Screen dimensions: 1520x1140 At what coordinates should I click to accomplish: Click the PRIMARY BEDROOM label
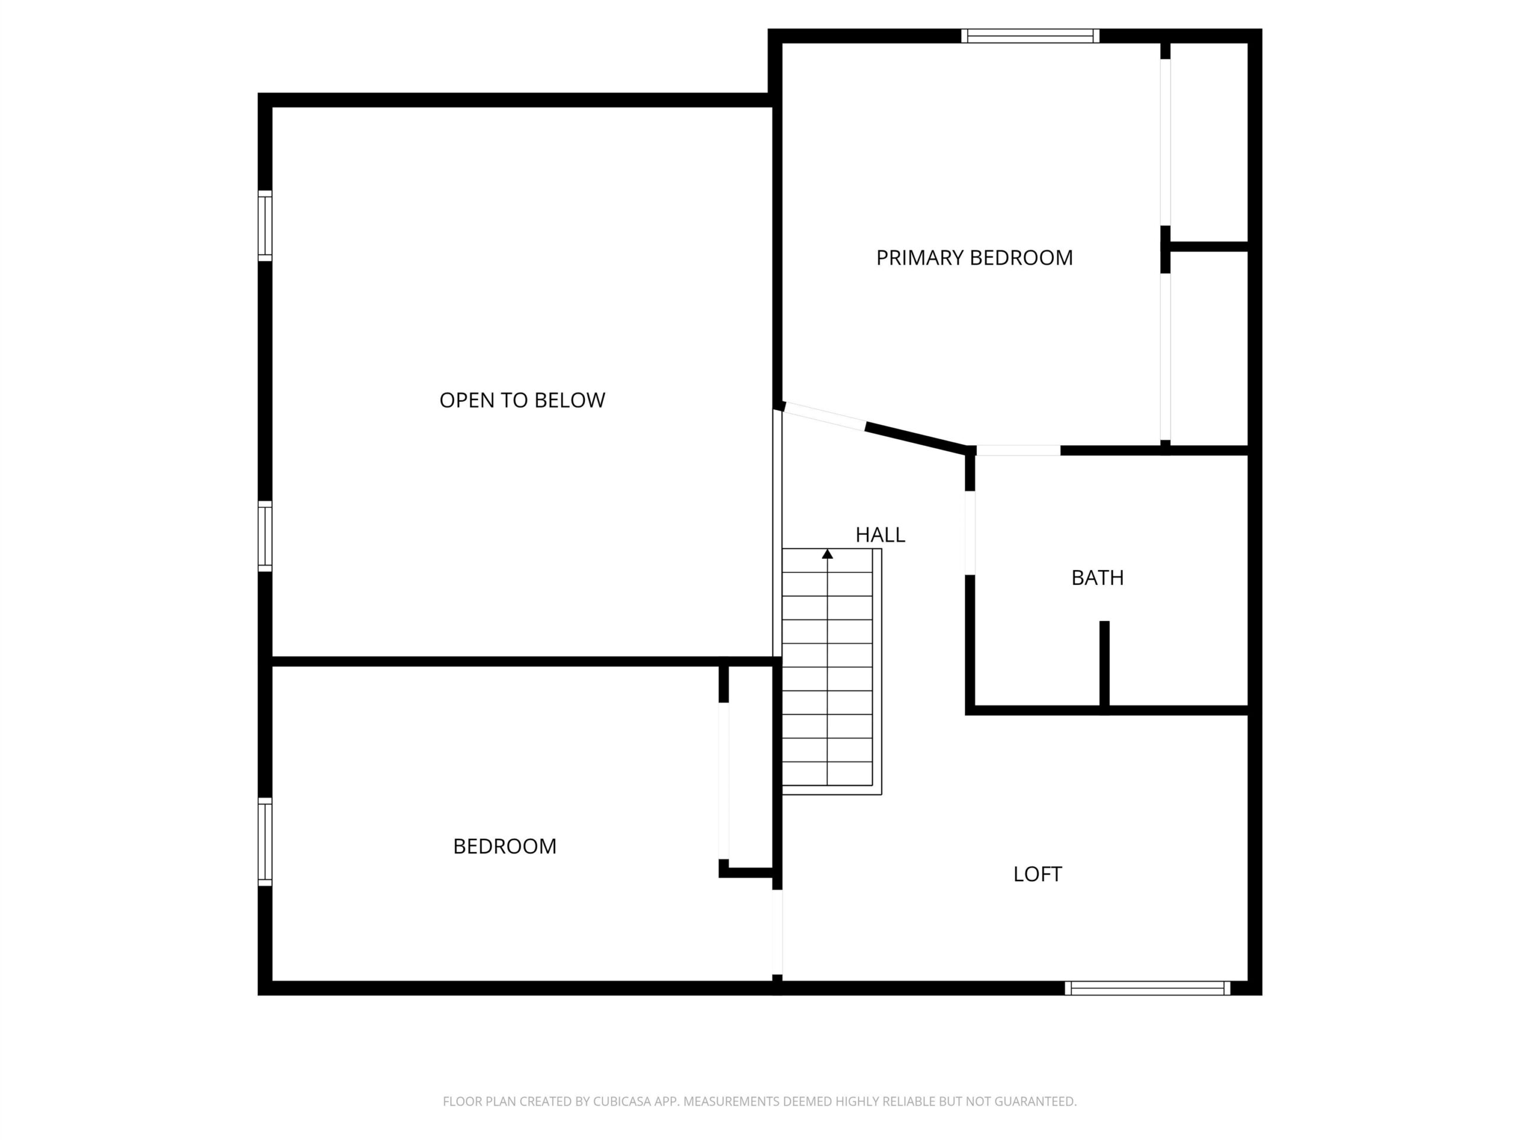pyautogui.click(x=974, y=258)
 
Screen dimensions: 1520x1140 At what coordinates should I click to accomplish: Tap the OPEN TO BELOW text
pyautogui.click(x=522, y=400)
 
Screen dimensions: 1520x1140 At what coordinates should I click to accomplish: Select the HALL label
pyautogui.click(x=881, y=534)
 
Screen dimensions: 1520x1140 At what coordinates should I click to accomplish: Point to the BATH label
pyautogui.click(x=1097, y=578)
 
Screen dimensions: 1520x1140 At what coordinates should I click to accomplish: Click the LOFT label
pyautogui.click(x=1038, y=874)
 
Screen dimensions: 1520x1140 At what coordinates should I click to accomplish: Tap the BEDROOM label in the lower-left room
pyautogui.click(x=504, y=846)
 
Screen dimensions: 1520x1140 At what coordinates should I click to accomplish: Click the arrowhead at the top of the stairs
pyautogui.click(x=827, y=553)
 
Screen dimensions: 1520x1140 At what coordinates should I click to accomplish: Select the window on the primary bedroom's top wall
pyautogui.click(x=1030, y=36)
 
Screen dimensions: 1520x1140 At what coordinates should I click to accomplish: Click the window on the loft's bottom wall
pyautogui.click(x=1148, y=988)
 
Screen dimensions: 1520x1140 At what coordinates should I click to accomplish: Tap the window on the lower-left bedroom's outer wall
pyautogui.click(x=265, y=842)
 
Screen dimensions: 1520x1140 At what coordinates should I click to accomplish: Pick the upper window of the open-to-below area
pyautogui.click(x=265, y=226)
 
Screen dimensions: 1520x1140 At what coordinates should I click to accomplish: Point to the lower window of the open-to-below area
pyautogui.click(x=265, y=536)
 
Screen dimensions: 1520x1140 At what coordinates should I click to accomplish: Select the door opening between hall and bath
pyautogui.click(x=970, y=533)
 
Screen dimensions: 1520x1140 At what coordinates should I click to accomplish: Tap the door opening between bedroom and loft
pyautogui.click(x=777, y=932)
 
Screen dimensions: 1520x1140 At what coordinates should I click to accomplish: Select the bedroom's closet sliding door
pyautogui.click(x=724, y=781)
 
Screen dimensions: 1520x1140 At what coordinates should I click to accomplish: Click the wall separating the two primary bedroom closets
pyautogui.click(x=1207, y=246)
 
